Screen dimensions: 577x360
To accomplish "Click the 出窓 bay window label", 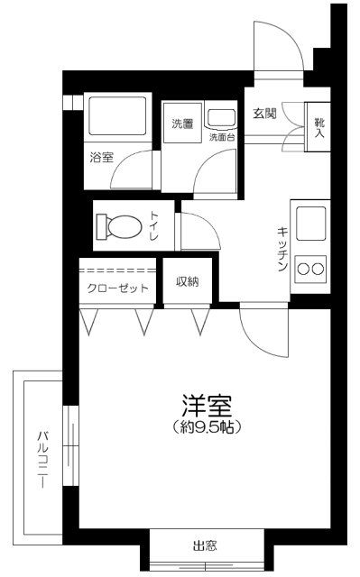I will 205,545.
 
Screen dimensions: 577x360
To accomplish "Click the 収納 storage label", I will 188,281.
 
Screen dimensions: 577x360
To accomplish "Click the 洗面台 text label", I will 221,138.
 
